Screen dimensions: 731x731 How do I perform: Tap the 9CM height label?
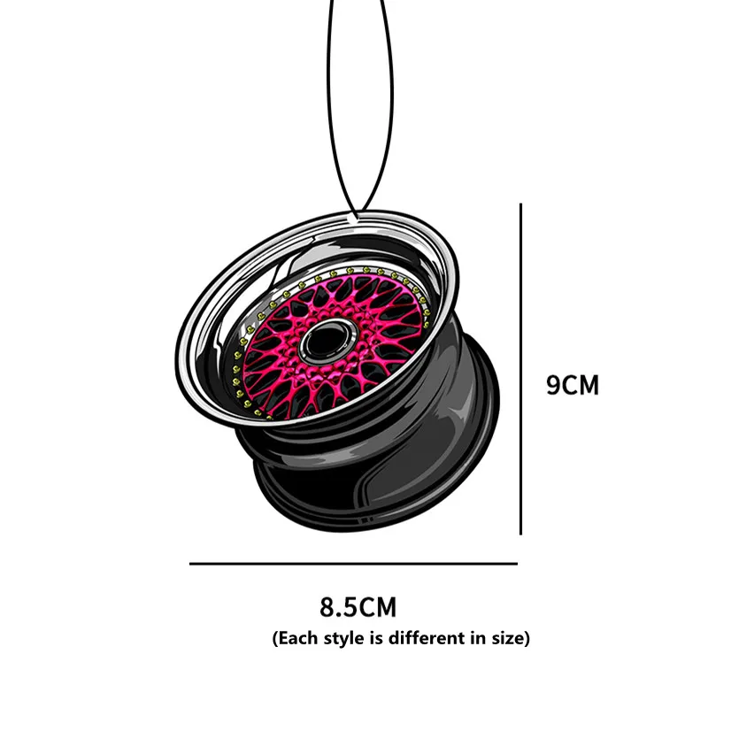572,385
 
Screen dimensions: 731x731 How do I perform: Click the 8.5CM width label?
358,606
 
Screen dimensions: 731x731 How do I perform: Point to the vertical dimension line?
520,369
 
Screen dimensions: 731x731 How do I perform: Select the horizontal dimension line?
353,564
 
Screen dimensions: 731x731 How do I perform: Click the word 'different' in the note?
429,637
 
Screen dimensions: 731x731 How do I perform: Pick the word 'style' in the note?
337,638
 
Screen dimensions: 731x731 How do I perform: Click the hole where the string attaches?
353,219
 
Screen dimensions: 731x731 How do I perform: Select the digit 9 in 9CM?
553,385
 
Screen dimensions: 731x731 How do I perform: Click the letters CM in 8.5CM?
377,606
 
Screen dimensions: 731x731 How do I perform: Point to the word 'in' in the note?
480,637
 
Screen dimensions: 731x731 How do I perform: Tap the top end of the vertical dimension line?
520,204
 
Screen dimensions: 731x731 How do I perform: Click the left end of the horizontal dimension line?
189,564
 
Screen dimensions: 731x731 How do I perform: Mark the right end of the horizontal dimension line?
518,564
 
